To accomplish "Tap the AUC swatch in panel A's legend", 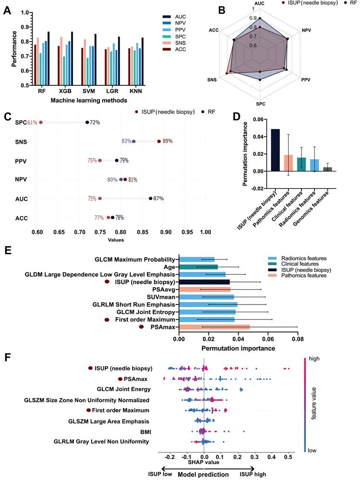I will click(x=167, y=16).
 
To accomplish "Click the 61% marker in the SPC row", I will click(x=41, y=122).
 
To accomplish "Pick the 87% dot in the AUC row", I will click(x=151, y=199).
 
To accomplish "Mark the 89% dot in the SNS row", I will click(x=159, y=141).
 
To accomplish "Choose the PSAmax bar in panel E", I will click(x=214, y=327).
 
